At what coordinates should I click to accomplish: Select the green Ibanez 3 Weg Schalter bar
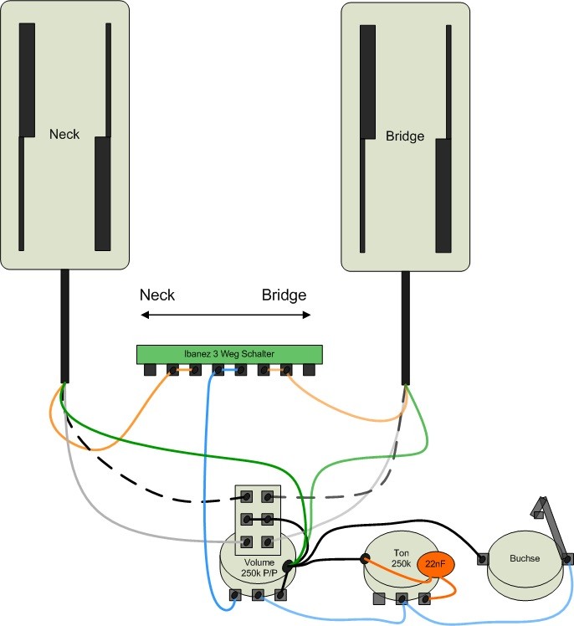click(229, 354)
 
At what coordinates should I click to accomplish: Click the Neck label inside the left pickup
click(64, 134)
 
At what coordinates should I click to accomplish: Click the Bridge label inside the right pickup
click(405, 136)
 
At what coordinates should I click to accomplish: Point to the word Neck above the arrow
click(157, 295)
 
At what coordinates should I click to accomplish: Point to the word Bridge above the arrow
click(284, 295)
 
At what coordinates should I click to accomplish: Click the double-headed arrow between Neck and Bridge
click(225, 315)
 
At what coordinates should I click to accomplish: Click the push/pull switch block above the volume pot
click(257, 518)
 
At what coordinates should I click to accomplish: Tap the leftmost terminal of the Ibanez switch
click(151, 369)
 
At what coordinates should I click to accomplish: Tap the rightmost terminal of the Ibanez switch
click(308, 369)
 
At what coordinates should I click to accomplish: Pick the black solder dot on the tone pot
click(365, 557)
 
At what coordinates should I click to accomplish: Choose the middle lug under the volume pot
click(258, 594)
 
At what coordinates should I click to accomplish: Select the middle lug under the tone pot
click(402, 598)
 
